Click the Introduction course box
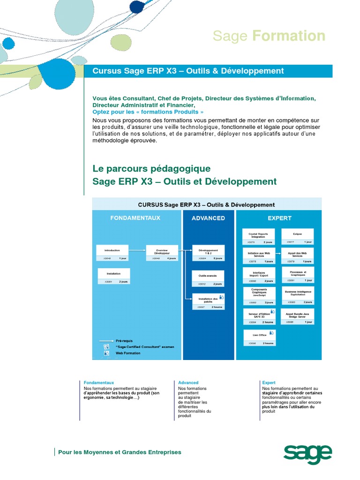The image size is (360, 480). pyautogui.click(x=112, y=253)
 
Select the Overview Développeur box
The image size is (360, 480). pyautogui.click(x=162, y=253)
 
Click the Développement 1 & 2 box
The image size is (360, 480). pyautogui.click(x=208, y=253)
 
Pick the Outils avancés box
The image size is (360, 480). pyautogui.click(x=208, y=278)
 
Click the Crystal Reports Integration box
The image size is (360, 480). pyautogui.click(x=258, y=237)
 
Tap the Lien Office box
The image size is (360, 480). pyautogui.click(x=259, y=338)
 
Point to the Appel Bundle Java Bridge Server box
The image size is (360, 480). pyautogui.click(x=297, y=316)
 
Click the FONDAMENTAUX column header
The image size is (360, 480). pyautogui.click(x=135, y=218)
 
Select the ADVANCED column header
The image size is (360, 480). pyautogui.click(x=208, y=218)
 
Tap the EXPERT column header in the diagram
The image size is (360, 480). pyautogui.click(x=279, y=218)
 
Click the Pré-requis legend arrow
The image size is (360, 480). pyautogui.click(x=106, y=340)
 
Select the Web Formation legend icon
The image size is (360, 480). pyautogui.click(x=106, y=353)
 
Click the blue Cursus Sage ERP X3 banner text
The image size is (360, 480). pyautogui.click(x=188, y=71)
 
